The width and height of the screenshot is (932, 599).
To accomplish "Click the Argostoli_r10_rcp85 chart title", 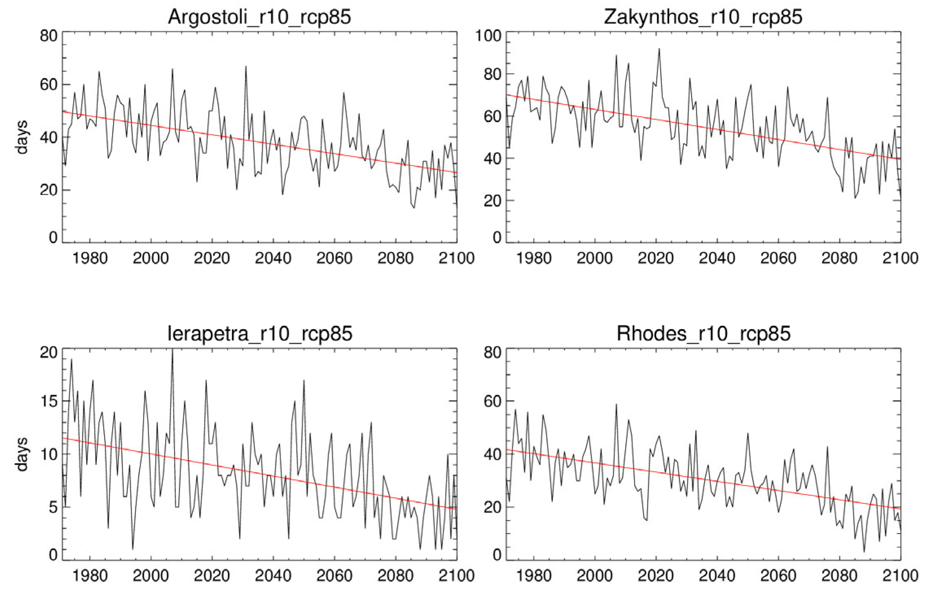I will (x=259, y=17).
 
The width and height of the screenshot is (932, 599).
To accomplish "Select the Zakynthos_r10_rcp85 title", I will (x=703, y=17).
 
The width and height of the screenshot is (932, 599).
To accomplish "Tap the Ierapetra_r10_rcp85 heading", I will (x=260, y=334).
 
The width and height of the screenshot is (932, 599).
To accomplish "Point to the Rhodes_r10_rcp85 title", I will (x=703, y=334).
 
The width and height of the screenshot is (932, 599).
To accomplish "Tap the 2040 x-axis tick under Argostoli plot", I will (x=273, y=258).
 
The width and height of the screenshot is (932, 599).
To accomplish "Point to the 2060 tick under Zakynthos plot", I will (x=778, y=258).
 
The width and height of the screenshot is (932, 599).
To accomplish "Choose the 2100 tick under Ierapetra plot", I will (x=456, y=575).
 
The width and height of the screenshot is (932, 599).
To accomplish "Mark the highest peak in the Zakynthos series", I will (x=659, y=49).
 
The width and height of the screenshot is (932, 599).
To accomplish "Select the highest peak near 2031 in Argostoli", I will (x=246, y=66).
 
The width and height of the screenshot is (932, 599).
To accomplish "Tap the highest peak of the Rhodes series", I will (x=616, y=404).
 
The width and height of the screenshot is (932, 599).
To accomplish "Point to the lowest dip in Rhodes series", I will (x=864, y=552).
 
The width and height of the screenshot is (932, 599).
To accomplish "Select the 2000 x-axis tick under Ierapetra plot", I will (x=151, y=575).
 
